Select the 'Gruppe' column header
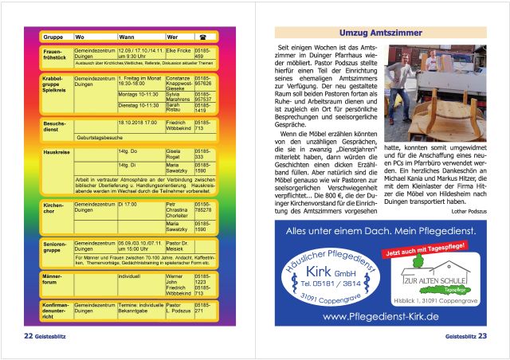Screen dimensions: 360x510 point(53,37)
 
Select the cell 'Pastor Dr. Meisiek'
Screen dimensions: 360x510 point(178,245)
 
